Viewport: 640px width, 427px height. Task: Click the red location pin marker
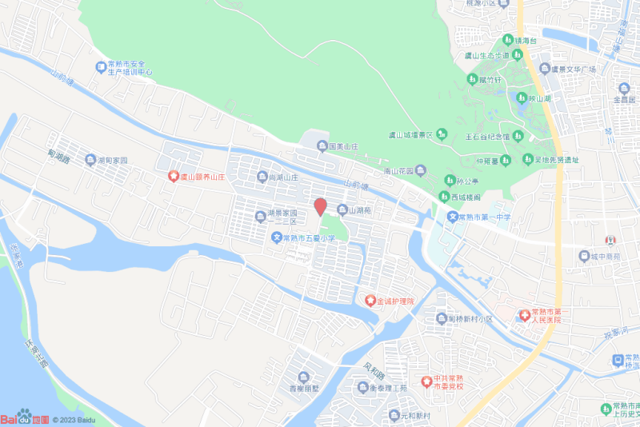tap(319, 206)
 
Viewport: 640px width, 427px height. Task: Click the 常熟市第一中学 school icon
tap(452, 217)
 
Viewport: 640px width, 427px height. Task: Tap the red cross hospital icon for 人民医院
tap(525, 315)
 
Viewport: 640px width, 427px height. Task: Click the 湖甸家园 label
tap(112, 160)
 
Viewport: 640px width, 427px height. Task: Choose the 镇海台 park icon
tap(507, 39)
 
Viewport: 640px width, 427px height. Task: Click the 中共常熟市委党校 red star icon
tap(426, 381)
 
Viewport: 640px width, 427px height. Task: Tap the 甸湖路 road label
tap(59, 157)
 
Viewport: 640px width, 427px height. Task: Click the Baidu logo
tap(24, 418)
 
